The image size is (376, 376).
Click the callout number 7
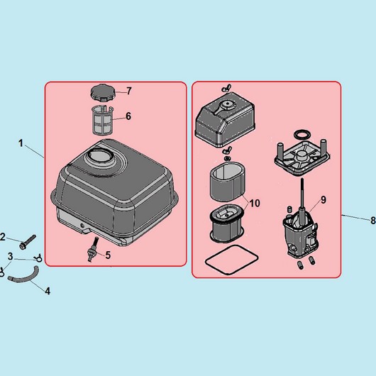point(129,91)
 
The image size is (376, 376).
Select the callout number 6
point(128,116)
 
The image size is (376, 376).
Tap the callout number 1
point(21,143)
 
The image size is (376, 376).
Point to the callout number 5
point(108,255)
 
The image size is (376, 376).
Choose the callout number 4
point(48,291)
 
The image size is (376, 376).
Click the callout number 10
point(255,204)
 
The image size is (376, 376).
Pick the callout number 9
point(324,200)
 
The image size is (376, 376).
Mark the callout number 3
point(10,256)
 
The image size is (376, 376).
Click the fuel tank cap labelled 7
point(103,93)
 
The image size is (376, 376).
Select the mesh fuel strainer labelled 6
point(102,121)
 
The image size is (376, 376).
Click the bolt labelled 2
point(28,242)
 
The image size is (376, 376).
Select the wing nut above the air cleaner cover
point(226,88)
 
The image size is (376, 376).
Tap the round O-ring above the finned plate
point(302,135)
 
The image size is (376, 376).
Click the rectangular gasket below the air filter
point(232,260)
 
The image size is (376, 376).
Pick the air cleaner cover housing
point(225,119)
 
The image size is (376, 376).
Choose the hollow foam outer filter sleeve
point(228,182)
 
